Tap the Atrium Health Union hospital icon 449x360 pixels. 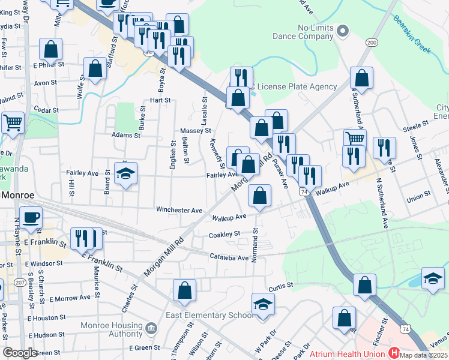point(394,353)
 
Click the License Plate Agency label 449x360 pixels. point(306,86)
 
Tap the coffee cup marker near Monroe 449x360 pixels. point(31,217)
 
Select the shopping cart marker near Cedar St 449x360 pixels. point(13,122)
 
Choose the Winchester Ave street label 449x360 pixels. point(179,210)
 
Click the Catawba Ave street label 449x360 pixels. point(229,258)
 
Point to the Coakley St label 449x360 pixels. point(224,233)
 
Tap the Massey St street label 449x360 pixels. point(196,130)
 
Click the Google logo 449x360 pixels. point(20,353)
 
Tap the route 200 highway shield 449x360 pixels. point(372,42)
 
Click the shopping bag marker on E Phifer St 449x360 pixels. point(52,49)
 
